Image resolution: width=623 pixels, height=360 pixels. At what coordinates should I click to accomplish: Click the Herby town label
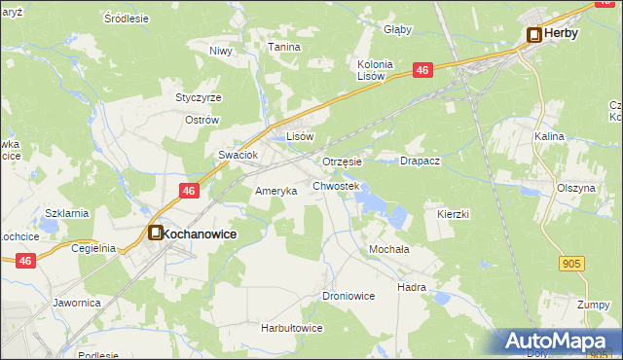562,33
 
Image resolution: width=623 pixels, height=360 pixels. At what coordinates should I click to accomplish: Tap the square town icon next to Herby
534,34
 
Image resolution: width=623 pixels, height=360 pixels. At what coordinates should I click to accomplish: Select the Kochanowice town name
200,234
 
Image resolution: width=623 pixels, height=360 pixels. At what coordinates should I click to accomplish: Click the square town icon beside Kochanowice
155,234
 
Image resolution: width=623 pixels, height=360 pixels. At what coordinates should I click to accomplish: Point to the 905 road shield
572,263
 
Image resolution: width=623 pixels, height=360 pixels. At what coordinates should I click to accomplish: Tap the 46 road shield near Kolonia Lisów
421,70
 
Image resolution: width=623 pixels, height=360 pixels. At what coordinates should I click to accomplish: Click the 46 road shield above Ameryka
190,191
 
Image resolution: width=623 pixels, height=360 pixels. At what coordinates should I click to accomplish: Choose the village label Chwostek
336,185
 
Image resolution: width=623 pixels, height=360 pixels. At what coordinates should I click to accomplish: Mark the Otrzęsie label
342,162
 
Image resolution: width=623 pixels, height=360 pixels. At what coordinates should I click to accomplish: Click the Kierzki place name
454,213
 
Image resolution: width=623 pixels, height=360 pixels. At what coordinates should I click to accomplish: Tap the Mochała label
388,249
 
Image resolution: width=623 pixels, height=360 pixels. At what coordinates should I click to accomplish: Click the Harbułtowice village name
291,328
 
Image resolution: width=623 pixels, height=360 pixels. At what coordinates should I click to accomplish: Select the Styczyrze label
199,98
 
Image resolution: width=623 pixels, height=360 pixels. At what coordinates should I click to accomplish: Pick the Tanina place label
284,47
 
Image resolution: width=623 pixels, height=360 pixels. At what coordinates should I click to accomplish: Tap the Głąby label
397,29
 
